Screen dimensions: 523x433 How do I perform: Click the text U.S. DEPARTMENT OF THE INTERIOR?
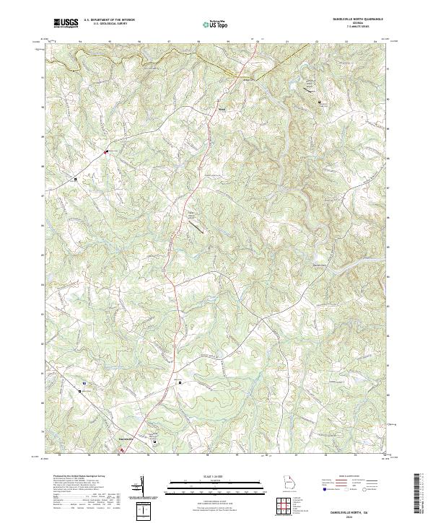(x=109, y=20)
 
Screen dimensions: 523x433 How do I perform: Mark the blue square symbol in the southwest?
(x=84, y=382)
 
